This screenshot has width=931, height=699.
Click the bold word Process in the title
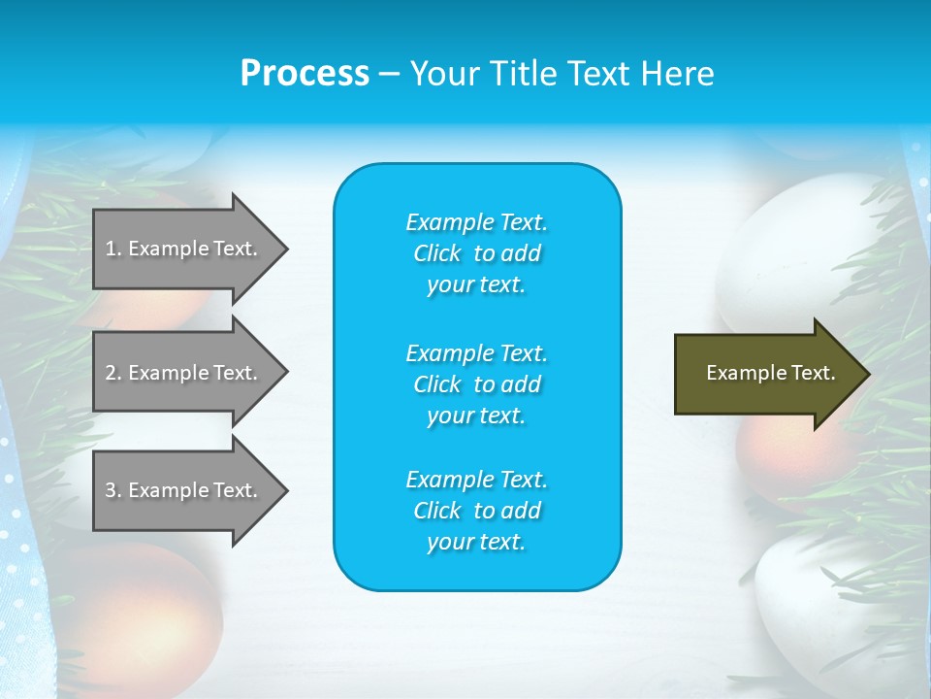coord(305,74)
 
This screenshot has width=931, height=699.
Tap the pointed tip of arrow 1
coord(285,249)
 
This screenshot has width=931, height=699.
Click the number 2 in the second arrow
coord(111,373)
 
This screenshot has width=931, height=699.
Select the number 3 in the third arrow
coord(111,490)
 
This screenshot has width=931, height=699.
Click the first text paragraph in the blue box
coord(476,253)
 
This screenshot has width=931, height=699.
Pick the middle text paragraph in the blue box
coord(476,383)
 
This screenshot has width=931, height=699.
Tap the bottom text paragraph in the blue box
coord(476,511)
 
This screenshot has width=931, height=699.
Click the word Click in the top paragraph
coord(437,253)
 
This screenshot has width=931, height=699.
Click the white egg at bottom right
coord(824,602)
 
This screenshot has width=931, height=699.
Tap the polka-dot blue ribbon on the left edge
coord(19,544)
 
